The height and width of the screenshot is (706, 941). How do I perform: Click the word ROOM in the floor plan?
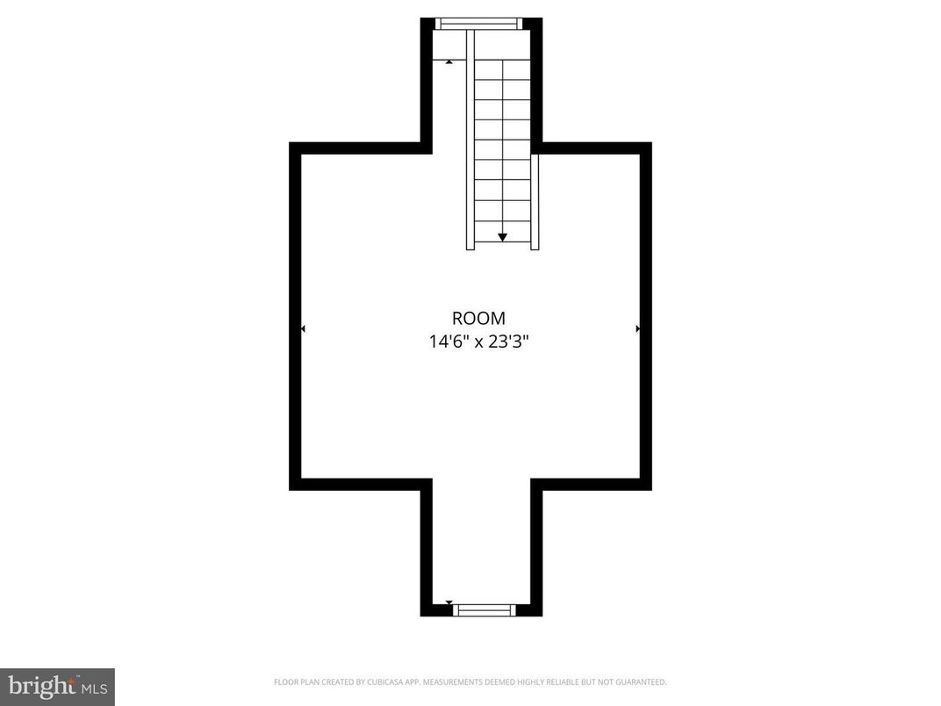(478, 319)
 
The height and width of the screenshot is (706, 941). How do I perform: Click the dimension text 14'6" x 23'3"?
(478, 341)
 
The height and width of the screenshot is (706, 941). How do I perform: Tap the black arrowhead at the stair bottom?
(502, 237)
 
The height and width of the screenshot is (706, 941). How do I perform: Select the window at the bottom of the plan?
(484, 609)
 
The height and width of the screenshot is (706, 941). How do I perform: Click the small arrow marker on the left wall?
(303, 328)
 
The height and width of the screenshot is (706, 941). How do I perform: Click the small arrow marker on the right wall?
(638, 328)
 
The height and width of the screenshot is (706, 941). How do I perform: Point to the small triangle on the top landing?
(449, 61)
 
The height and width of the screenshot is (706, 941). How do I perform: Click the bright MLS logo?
(57, 687)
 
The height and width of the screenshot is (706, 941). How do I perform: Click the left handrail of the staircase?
(470, 140)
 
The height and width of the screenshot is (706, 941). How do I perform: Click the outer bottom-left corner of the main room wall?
(291, 489)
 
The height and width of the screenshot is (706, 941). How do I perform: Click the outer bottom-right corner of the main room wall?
(650, 489)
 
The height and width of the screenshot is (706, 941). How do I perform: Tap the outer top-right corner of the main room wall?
(650, 143)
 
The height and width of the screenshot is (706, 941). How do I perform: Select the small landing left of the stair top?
(449, 46)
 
